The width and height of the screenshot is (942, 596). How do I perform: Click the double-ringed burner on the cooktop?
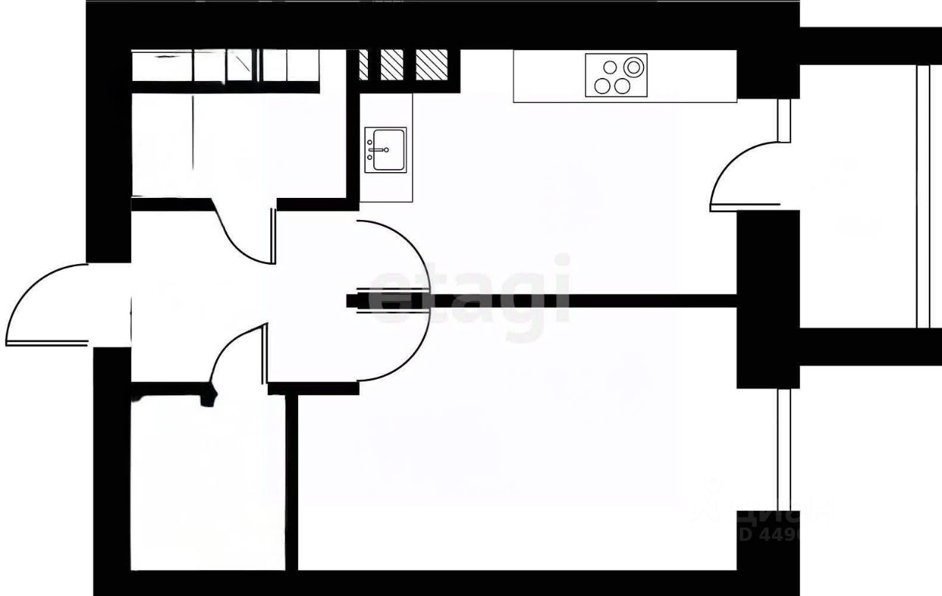(632, 67)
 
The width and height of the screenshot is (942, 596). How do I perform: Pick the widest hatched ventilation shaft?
(431, 65)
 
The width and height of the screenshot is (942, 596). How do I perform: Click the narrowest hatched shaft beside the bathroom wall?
(363, 65)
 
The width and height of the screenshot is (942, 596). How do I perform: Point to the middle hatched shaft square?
(392, 65)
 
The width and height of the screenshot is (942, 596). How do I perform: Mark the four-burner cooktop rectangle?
(617, 75)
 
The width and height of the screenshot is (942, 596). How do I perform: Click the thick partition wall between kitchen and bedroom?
(589, 300)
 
